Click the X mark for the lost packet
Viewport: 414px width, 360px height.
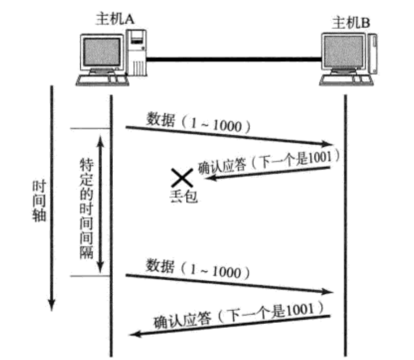182,178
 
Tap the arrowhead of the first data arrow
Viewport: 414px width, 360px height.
329,144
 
